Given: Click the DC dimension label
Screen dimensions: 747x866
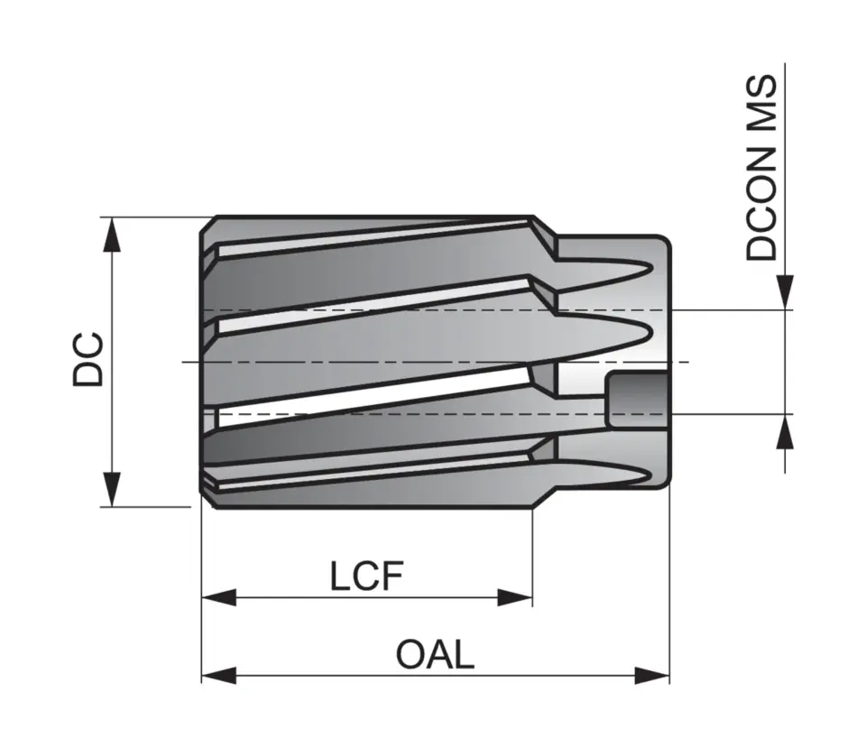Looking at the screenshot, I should pyautogui.click(x=89, y=360).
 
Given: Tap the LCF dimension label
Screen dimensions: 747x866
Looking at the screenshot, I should pyautogui.click(x=365, y=576).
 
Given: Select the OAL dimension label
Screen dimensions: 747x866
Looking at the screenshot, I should pyautogui.click(x=435, y=655).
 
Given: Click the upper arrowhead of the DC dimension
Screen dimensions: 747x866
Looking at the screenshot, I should pyautogui.click(x=112, y=235).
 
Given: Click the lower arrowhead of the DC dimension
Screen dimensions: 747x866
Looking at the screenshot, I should pyautogui.click(x=112, y=488).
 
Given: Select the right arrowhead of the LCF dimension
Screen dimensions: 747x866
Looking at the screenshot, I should pyautogui.click(x=515, y=597).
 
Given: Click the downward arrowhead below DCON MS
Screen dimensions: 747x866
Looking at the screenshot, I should pyautogui.click(x=787, y=291).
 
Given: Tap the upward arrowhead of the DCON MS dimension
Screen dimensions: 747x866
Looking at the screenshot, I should pyautogui.click(x=787, y=432).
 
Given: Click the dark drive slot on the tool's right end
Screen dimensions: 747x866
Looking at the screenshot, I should pyautogui.click(x=636, y=399).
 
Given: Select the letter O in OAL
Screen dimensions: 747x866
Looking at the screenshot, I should pyautogui.click(x=410, y=655).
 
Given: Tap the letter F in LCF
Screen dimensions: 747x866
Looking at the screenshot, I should pyautogui.click(x=391, y=576).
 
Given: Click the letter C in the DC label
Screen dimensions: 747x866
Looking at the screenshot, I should pyautogui.click(x=89, y=346).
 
